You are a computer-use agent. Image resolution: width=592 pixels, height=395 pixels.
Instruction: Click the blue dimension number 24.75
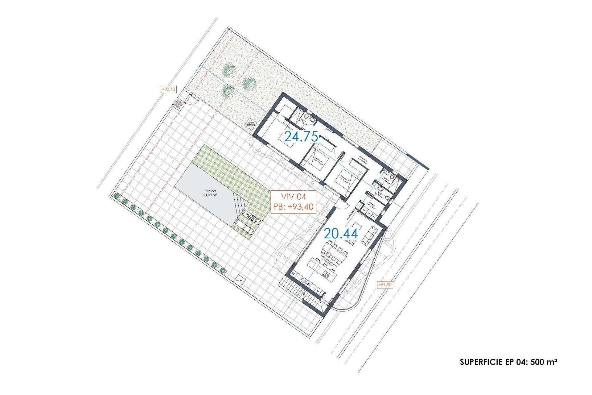[301, 136]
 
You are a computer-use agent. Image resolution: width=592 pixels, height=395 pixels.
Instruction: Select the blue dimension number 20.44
[341, 234]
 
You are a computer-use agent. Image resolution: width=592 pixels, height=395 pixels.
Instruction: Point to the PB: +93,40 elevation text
[293, 207]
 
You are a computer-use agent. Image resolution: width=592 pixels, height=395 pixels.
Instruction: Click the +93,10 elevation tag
[169, 89]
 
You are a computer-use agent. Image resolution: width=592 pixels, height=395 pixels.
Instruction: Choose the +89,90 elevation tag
[385, 285]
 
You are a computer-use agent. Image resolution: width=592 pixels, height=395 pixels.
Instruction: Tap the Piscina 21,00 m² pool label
[210, 193]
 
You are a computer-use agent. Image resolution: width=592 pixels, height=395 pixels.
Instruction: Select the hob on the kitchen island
[327, 274]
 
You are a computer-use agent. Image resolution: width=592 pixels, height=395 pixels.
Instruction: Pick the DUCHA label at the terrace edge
[239, 281]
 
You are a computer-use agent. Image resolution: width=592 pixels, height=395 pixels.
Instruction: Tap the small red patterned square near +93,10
[179, 104]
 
